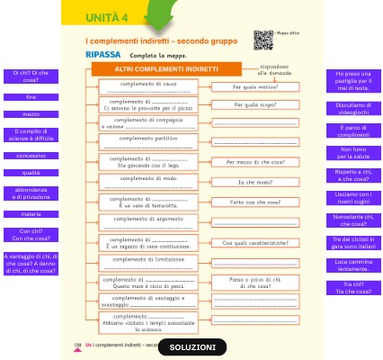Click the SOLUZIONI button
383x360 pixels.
pyautogui.click(x=192, y=346)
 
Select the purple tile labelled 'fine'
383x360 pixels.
pyautogui.click(x=31, y=95)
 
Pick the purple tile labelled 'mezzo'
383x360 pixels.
pyautogui.click(x=31, y=114)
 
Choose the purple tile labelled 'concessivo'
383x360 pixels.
pyautogui.click(x=31, y=155)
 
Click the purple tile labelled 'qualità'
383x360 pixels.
pyautogui.click(x=31, y=172)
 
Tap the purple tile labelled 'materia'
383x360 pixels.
pyautogui.click(x=31, y=213)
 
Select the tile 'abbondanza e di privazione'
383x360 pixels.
pyautogui.click(x=31, y=193)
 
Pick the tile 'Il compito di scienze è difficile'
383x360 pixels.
pyautogui.click(x=31, y=135)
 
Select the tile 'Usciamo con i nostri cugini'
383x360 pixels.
pyautogui.click(x=352, y=195)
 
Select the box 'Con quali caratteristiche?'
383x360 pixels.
pyautogui.click(x=256, y=242)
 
